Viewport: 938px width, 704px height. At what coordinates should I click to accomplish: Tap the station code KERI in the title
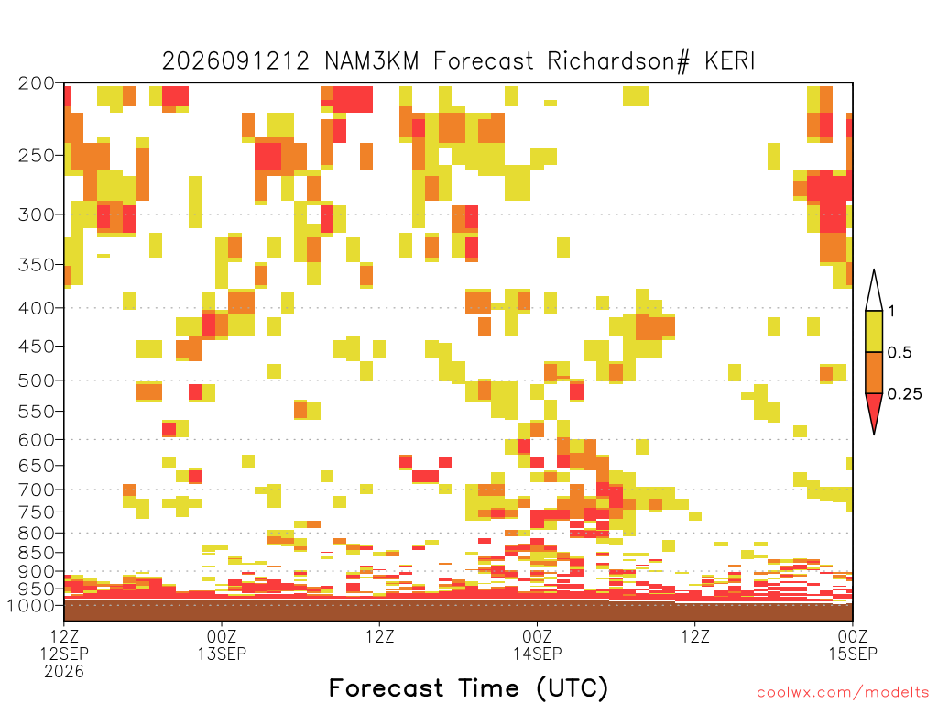pyautogui.click(x=730, y=61)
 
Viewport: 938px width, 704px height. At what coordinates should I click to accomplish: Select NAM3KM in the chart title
pyautogui.click(x=372, y=61)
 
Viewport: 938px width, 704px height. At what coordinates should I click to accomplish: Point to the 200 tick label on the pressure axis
pyautogui.click(x=37, y=83)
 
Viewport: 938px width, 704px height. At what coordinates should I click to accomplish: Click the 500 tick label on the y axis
pyautogui.click(x=37, y=380)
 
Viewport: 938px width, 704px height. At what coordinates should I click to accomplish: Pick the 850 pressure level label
pyautogui.click(x=37, y=552)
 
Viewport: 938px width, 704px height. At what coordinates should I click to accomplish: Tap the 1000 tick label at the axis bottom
pyautogui.click(x=31, y=605)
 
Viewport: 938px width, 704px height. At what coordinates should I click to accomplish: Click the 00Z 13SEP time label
pyautogui.click(x=222, y=644)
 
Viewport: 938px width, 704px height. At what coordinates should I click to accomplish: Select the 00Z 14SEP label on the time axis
pyautogui.click(x=537, y=644)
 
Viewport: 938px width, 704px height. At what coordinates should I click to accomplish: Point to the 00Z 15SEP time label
pyautogui.click(x=853, y=644)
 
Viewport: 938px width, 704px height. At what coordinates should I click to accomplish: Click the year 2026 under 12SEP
pyautogui.click(x=64, y=672)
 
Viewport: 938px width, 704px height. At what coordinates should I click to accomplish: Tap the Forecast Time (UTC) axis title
pyautogui.click(x=468, y=688)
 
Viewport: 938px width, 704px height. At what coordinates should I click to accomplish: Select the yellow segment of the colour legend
pyautogui.click(x=874, y=331)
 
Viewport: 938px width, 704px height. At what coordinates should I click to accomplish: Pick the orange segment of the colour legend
pyautogui.click(x=874, y=372)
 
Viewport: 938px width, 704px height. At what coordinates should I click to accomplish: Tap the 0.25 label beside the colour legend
pyautogui.click(x=904, y=393)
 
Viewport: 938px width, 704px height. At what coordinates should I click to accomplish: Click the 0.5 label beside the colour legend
pyautogui.click(x=900, y=352)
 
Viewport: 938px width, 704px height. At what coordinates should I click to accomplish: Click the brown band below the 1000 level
pyautogui.click(x=458, y=611)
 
